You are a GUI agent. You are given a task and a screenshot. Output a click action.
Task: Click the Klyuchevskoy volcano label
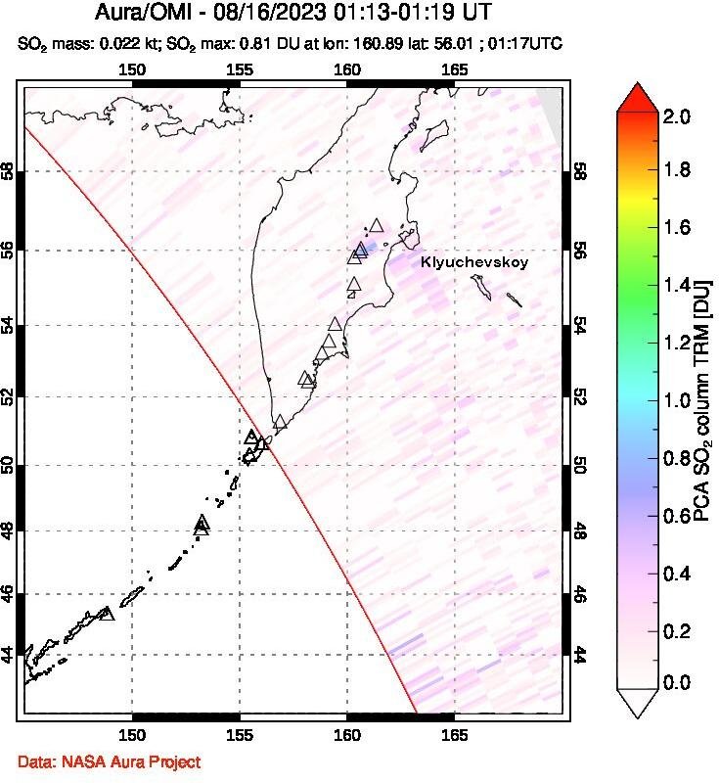tap(473, 262)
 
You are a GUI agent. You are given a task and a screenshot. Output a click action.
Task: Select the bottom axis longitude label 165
tap(455, 734)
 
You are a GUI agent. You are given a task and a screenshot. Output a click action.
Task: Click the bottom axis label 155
tap(240, 734)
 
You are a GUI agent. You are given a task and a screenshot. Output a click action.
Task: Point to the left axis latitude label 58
tap(9, 172)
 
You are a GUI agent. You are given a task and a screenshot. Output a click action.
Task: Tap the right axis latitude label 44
tap(580, 655)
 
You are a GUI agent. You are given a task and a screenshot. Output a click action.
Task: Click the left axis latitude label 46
tap(9, 593)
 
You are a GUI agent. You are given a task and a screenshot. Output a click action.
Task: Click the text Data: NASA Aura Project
tap(109, 760)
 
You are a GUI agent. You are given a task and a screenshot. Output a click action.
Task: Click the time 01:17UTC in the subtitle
tap(533, 44)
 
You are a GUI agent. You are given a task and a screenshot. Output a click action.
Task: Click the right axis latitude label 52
tap(580, 396)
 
